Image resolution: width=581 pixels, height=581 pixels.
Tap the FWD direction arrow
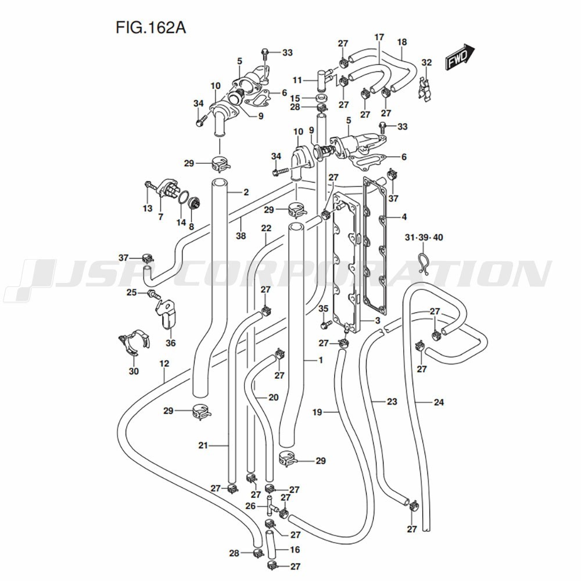(x=461, y=58)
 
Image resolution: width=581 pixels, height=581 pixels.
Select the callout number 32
(x=426, y=62)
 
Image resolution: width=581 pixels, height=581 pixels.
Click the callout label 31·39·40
(x=424, y=237)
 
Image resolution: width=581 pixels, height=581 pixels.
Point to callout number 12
(x=164, y=364)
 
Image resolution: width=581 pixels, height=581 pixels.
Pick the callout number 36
(x=170, y=343)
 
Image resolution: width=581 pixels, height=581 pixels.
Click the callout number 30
(x=134, y=371)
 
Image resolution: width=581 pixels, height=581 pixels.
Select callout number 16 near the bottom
(x=295, y=549)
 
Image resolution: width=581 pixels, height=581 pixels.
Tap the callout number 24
(x=439, y=401)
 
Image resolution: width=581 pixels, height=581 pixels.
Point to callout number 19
(x=317, y=413)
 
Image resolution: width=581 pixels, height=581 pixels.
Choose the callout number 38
(x=241, y=236)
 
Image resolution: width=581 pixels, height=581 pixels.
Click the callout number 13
(x=147, y=208)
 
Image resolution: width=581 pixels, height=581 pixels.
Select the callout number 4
(x=403, y=218)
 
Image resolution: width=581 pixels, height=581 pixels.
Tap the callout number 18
(x=402, y=42)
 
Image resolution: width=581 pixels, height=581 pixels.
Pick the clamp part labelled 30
(x=134, y=343)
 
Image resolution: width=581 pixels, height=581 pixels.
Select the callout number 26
(x=250, y=506)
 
